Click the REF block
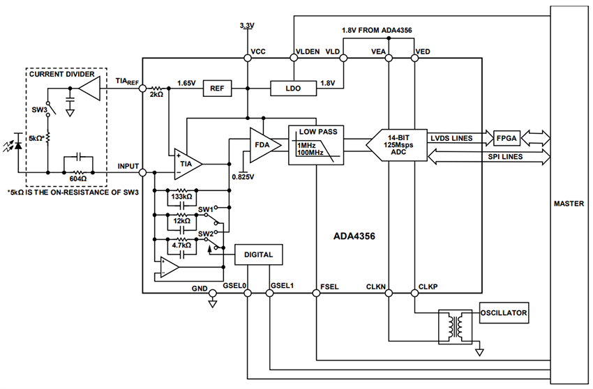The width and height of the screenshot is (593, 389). (x=216, y=89)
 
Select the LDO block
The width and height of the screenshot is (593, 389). (x=293, y=89)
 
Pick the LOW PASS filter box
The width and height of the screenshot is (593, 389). (x=317, y=145)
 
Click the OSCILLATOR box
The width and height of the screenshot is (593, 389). (x=504, y=313)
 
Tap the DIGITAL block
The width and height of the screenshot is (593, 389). (x=260, y=255)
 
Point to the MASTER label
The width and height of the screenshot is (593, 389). (x=569, y=204)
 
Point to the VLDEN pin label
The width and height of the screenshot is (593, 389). (x=308, y=52)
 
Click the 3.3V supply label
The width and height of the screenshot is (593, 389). (x=247, y=25)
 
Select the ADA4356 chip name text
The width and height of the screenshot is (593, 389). (x=354, y=236)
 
